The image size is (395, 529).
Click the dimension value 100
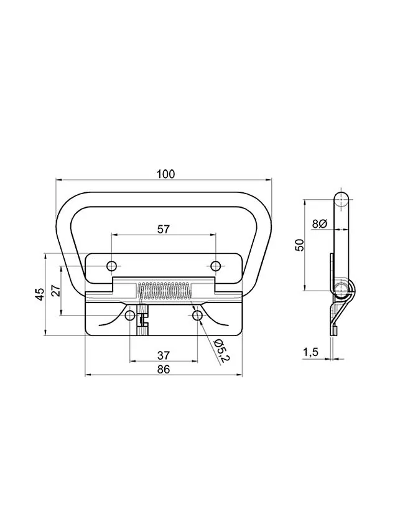pyautogui.click(x=166, y=174)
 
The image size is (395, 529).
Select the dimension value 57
pyautogui.click(x=163, y=230)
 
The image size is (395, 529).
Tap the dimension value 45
pyautogui.click(x=40, y=294)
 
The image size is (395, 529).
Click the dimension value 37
pyautogui.click(x=164, y=355)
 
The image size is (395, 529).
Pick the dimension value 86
pyautogui.click(x=164, y=370)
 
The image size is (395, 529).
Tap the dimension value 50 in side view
pyautogui.click(x=300, y=245)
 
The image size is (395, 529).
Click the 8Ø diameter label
pyautogui.click(x=318, y=223)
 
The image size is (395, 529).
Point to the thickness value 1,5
pyautogui.click(x=310, y=352)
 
